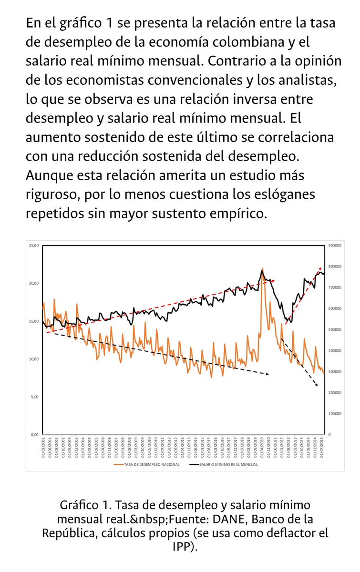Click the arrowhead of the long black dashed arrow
click(268, 374)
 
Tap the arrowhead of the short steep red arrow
click(320, 269)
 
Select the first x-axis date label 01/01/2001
click(44, 448)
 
